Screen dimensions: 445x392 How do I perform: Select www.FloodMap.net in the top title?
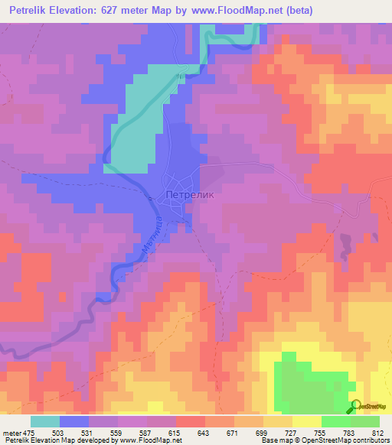click(232, 10)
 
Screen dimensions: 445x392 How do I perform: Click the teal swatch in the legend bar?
click(45, 422)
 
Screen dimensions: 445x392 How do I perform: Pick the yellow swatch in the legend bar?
click(306, 422)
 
